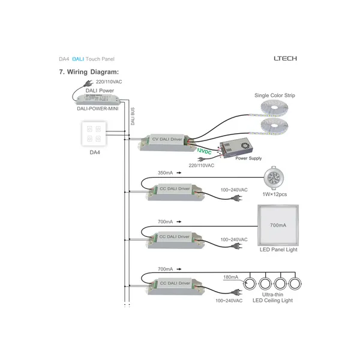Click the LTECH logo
tap(285, 59)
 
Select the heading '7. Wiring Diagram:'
tap(89, 72)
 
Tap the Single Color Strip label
tap(274, 95)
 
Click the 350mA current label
tap(166, 173)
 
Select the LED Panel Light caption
tap(278, 250)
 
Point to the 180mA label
tap(230, 277)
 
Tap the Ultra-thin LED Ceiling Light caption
tap(272, 297)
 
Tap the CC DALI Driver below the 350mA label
tap(174, 191)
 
